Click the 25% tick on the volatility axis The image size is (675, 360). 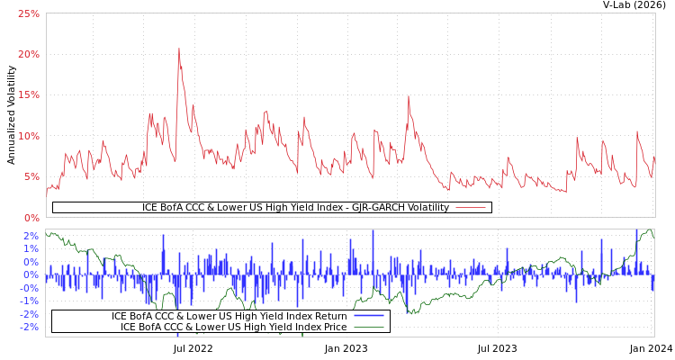click(28, 14)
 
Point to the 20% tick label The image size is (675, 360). click(28, 55)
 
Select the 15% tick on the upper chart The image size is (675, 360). click(28, 95)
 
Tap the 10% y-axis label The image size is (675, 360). click(28, 137)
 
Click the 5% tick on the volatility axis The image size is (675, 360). click(31, 177)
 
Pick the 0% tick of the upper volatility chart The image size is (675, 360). click(31, 218)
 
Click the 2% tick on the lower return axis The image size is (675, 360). click(31, 236)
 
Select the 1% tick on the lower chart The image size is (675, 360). click(31, 249)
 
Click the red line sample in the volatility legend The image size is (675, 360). click(471, 208)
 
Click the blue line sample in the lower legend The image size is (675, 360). click(369, 316)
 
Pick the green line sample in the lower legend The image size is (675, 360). click(369, 327)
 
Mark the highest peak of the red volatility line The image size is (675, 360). click(178, 49)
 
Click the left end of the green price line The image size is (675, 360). click(46, 232)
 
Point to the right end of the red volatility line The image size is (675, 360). click(654, 155)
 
